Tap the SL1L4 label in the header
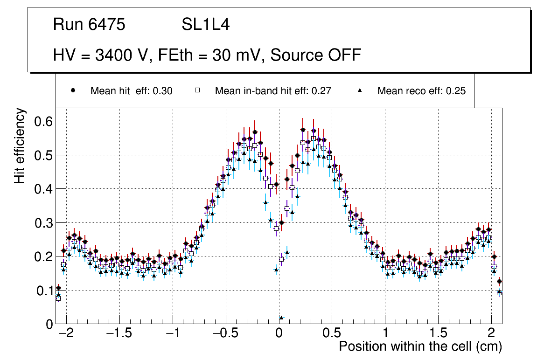[206, 25]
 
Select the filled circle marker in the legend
[73, 91]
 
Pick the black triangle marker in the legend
[360, 91]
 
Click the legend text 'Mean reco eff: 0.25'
[421, 91]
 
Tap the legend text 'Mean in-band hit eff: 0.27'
[273, 91]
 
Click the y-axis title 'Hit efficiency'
[20, 145]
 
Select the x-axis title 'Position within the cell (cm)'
[420, 346]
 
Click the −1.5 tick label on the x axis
[119, 333]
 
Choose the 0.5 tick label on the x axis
[332, 333]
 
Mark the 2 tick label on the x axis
[491, 333]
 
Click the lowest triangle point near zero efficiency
[281, 318]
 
